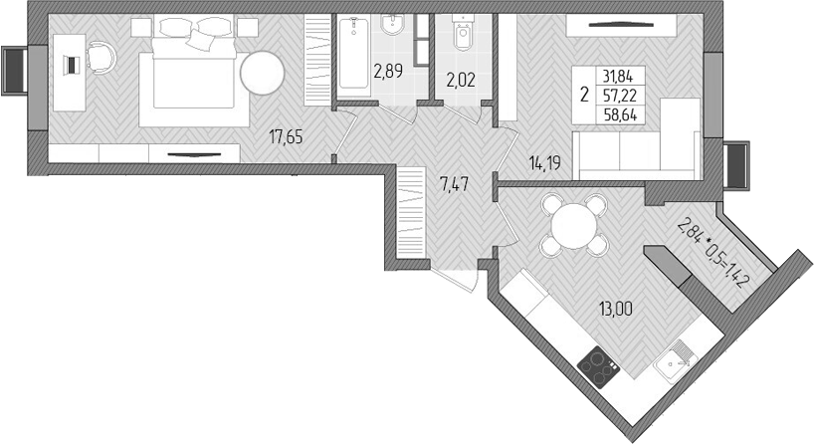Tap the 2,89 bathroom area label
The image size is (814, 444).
(x=388, y=71)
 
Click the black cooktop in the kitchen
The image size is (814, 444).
(x=600, y=364)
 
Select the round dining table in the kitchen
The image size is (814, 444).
(x=571, y=224)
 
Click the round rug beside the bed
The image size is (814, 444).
(x=262, y=73)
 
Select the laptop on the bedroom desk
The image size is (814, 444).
(x=71, y=65)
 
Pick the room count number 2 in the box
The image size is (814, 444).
(x=582, y=96)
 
